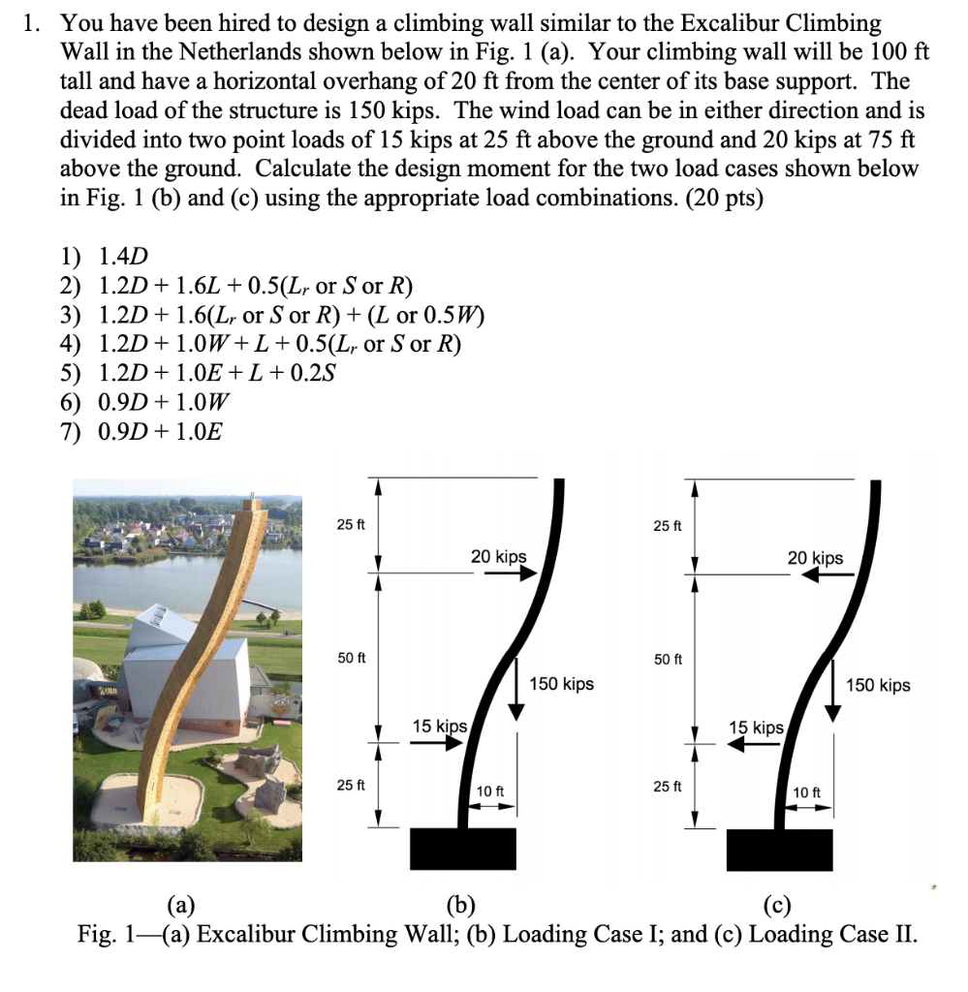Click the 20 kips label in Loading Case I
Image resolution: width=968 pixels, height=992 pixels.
click(x=499, y=556)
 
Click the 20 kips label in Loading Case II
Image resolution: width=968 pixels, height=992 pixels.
click(x=815, y=558)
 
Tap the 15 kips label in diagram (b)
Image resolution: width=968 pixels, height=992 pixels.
click(x=439, y=727)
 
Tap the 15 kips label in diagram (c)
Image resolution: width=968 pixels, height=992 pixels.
click(x=756, y=728)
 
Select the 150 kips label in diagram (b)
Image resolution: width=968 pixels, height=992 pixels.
click(x=562, y=685)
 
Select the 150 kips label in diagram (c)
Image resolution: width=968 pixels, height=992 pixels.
click(x=878, y=686)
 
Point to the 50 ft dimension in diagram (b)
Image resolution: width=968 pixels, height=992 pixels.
click(x=352, y=658)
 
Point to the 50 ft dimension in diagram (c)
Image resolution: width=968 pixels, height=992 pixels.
click(x=668, y=660)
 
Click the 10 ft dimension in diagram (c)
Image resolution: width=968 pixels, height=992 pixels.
click(x=807, y=792)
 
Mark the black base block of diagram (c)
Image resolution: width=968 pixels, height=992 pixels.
click(x=779, y=850)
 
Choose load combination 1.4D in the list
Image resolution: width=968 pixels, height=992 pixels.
click(x=123, y=257)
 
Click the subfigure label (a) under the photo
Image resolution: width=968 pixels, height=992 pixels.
click(x=180, y=906)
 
